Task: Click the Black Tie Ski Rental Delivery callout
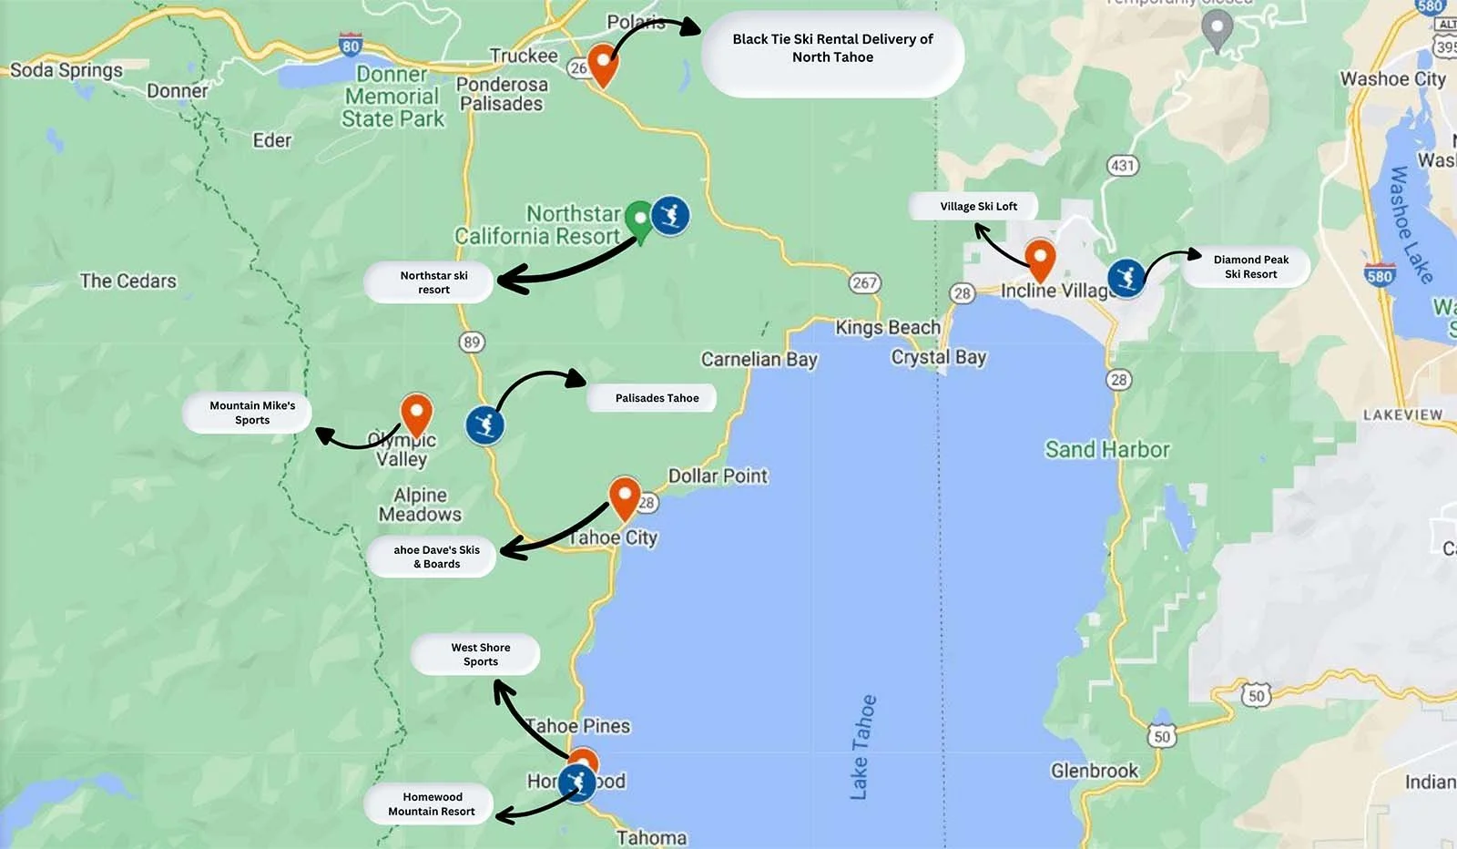click(x=832, y=49)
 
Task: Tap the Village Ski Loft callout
click(x=978, y=207)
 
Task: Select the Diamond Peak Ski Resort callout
click(x=1249, y=267)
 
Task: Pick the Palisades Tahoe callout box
click(x=656, y=398)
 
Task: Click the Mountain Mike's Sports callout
click(x=251, y=413)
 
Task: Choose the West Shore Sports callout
click(x=479, y=655)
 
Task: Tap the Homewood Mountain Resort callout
click(x=431, y=804)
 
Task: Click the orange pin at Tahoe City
click(x=624, y=497)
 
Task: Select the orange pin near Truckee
click(x=602, y=63)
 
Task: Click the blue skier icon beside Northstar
click(x=670, y=217)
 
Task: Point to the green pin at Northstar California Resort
click(x=640, y=220)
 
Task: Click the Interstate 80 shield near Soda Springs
click(x=351, y=44)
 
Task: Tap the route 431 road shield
click(x=1123, y=165)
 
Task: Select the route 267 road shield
click(x=864, y=282)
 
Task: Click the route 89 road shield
click(x=471, y=343)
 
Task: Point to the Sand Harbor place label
click(x=1106, y=449)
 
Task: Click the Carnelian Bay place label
click(x=759, y=359)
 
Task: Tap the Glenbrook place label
click(x=1094, y=771)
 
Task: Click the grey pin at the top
click(x=1218, y=30)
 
